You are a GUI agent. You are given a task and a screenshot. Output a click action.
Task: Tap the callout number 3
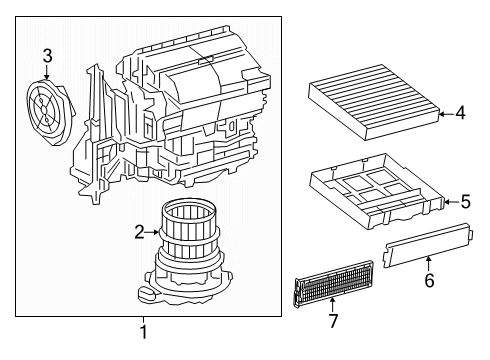47,56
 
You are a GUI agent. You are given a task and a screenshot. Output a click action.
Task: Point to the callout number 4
460,113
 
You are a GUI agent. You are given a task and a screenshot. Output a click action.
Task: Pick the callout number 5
465,203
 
